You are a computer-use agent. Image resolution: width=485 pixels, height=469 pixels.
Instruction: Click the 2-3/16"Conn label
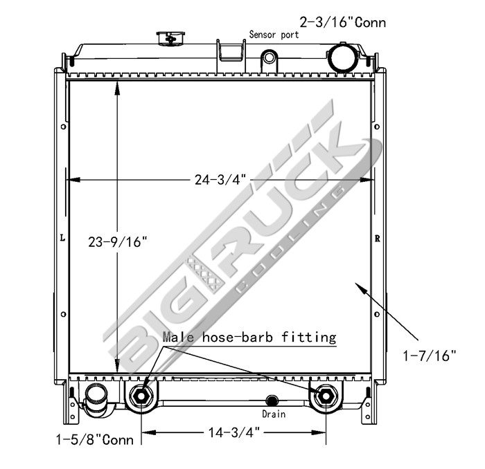coord(343,23)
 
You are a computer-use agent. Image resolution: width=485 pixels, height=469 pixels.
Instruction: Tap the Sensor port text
coord(274,35)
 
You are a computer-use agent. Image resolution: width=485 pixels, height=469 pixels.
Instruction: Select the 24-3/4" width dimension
coord(220,179)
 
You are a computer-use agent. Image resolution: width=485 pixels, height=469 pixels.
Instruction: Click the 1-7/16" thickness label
coord(430,356)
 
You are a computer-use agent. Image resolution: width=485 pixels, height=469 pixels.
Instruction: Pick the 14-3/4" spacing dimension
coord(234,432)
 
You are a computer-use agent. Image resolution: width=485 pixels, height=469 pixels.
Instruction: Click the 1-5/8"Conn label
coord(95,440)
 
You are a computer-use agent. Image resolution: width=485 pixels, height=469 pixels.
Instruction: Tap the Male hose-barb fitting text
coord(249,337)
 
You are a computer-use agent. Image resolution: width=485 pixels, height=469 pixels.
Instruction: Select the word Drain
coord(274,414)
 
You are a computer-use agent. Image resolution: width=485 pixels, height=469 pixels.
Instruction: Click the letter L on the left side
coord(63,238)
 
